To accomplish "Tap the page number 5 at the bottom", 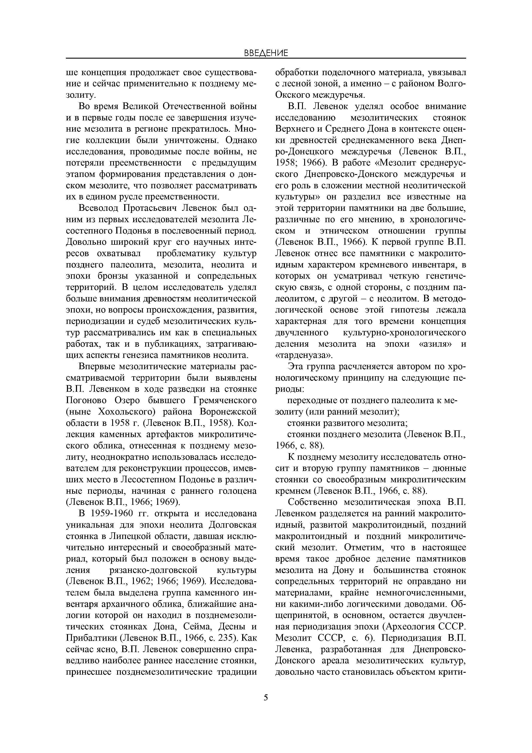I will click(x=266, y=698).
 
